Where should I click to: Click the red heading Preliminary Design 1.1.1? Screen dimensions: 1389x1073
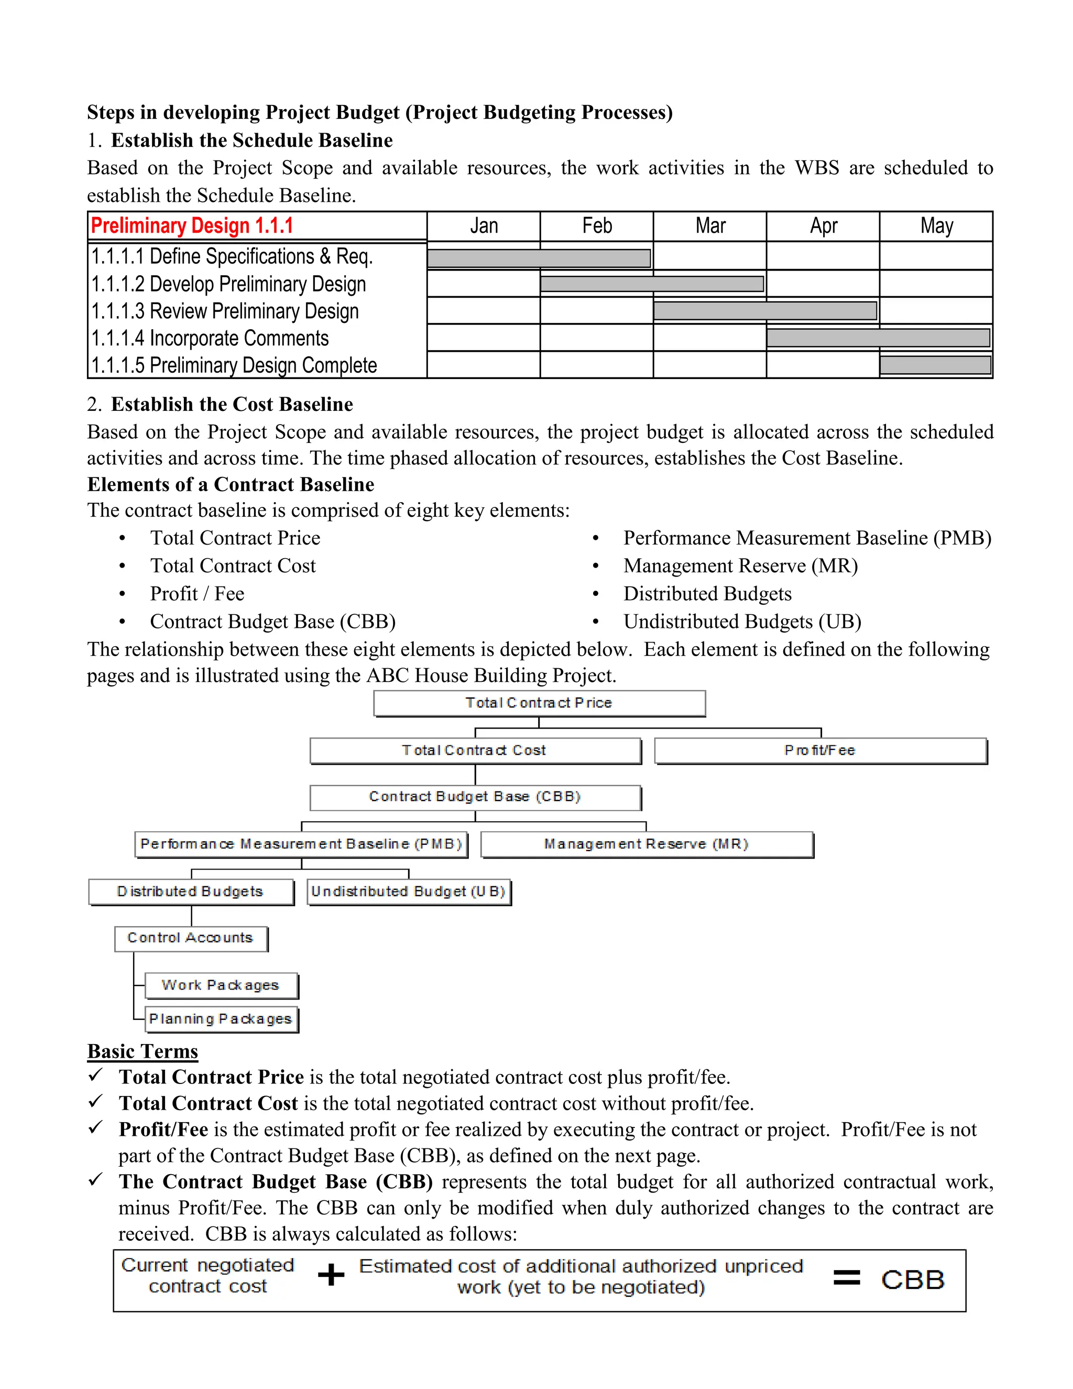tap(192, 226)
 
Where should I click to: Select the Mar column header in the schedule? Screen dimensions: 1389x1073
tap(710, 226)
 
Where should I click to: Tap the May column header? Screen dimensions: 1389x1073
tap(936, 226)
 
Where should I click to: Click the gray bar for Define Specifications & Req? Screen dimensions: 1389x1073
tap(539, 258)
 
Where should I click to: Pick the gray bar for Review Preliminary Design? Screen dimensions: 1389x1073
tap(765, 311)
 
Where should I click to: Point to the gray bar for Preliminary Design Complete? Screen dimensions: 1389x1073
tap(935, 365)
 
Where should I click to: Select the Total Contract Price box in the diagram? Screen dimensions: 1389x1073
tap(539, 703)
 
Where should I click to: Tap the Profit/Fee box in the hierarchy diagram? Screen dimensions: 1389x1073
tap(820, 751)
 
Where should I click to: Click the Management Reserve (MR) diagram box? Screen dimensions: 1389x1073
tap(647, 844)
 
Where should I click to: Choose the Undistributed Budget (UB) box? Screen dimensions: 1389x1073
tap(409, 892)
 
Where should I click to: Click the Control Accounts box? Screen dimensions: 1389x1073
tap(191, 938)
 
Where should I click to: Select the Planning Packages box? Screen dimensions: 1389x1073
tap(221, 1019)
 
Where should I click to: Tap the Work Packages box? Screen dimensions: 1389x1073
tap(221, 985)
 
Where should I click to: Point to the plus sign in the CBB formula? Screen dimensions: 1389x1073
tap(331, 1275)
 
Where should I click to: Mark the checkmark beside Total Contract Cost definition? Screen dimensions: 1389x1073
tap(96, 1100)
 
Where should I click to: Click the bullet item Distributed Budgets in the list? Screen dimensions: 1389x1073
tap(707, 593)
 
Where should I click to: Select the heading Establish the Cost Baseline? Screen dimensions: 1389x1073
tap(232, 405)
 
